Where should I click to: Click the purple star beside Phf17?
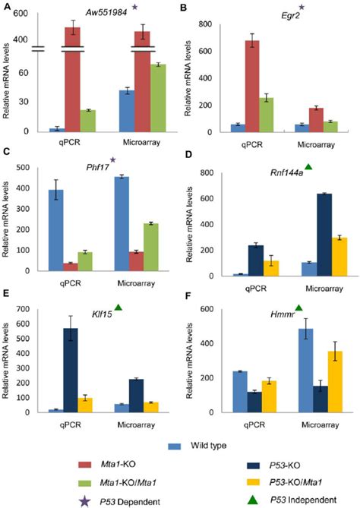coord(113,159)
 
